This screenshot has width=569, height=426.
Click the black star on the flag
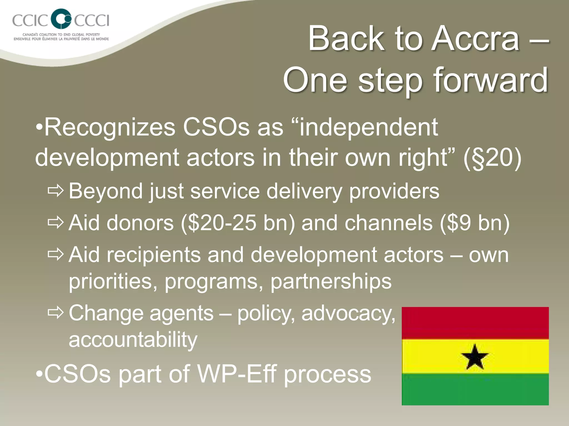click(x=475, y=357)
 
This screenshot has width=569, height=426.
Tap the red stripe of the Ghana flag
click(x=475, y=323)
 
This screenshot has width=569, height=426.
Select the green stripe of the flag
click(x=475, y=389)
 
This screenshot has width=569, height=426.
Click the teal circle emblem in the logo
click(x=62, y=19)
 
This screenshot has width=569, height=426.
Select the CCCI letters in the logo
click(x=92, y=20)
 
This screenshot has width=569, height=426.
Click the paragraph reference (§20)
click(x=492, y=158)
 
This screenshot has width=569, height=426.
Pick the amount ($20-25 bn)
click(x=238, y=223)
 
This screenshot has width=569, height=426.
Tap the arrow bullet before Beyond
click(x=56, y=191)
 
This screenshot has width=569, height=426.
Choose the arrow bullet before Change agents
click(x=56, y=313)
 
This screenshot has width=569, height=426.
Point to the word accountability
click(x=133, y=339)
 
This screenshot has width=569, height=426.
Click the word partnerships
click(x=331, y=281)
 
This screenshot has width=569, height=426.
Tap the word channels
click(x=388, y=223)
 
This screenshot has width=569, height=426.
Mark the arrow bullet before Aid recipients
click(x=56, y=254)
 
